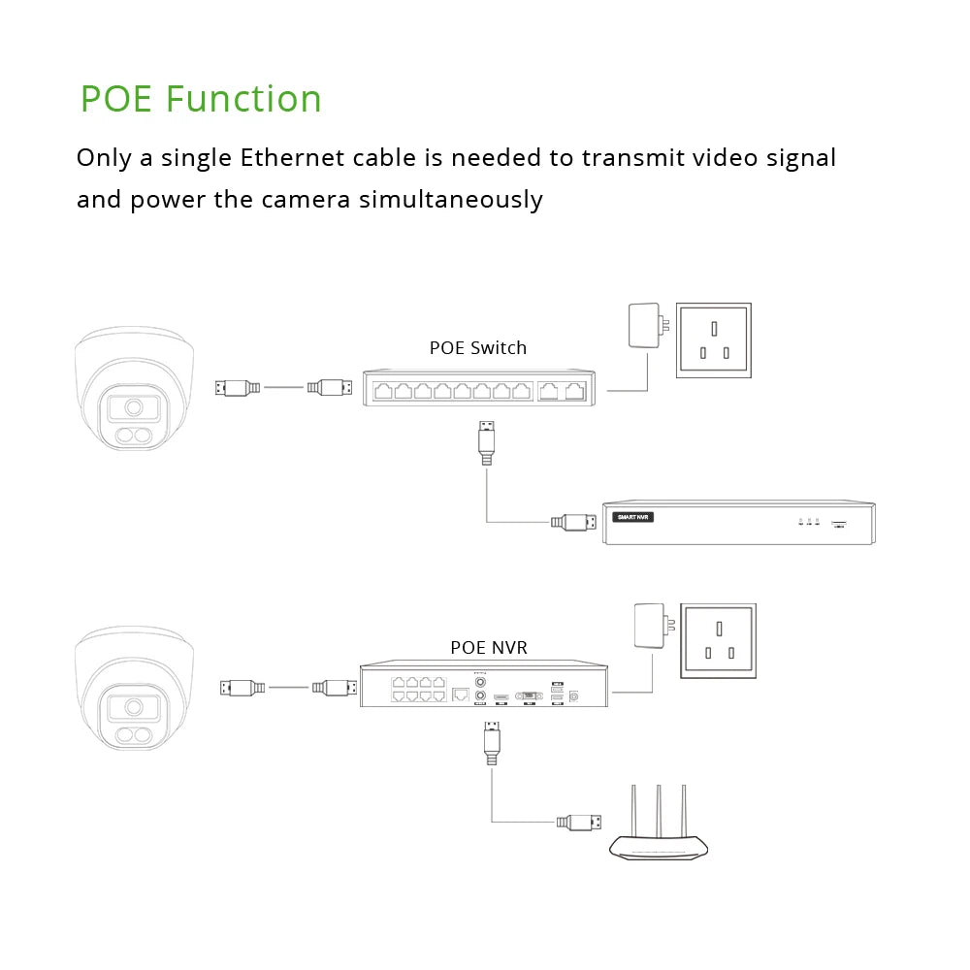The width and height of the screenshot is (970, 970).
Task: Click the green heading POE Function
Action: [201, 99]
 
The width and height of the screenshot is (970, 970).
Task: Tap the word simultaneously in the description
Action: [451, 200]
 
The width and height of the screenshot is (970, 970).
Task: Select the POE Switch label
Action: [478, 348]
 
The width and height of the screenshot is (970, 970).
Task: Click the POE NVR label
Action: [489, 647]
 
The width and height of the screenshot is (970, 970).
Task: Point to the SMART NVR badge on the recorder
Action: [634, 517]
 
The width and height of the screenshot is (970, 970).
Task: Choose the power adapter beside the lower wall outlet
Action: [647, 628]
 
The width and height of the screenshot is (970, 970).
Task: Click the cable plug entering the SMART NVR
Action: [573, 522]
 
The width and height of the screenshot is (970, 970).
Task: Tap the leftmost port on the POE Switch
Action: [381, 391]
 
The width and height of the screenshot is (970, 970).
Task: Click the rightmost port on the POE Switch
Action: [575, 391]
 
